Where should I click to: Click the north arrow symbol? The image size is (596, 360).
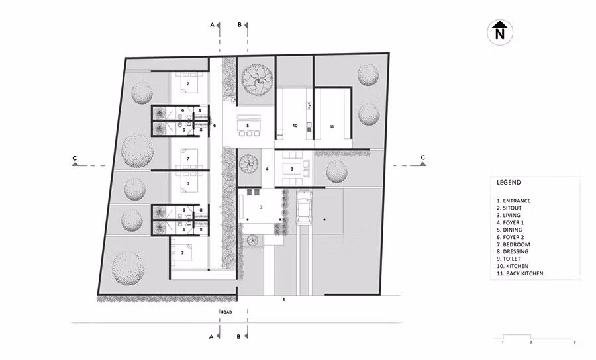tap(501, 32)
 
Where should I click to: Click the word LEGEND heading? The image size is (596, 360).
tap(509, 182)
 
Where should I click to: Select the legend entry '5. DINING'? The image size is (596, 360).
tap(511, 230)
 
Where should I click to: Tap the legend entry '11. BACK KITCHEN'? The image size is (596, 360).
tap(520, 273)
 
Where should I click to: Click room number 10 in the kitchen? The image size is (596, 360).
tap(295, 125)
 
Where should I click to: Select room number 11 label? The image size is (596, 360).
tap(331, 125)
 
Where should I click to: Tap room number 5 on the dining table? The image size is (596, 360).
tap(247, 124)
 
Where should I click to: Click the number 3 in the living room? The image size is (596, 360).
tap(292, 169)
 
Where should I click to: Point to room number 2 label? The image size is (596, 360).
tap(262, 207)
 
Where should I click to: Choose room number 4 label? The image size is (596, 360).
tap(267, 169)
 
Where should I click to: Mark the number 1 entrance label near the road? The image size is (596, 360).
tap(283, 300)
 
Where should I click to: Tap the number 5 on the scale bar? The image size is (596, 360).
tap(575, 343)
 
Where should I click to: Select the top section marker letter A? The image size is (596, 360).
tap(212, 24)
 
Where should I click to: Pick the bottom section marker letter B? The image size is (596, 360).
tap(239, 336)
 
